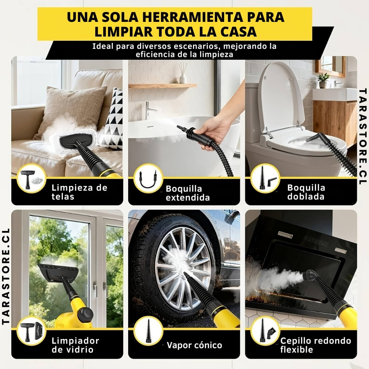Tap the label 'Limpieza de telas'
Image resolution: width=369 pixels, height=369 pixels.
[x=79, y=192]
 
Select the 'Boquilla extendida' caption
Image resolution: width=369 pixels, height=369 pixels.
[x=188, y=193]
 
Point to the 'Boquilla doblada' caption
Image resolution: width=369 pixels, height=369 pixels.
[x=306, y=192]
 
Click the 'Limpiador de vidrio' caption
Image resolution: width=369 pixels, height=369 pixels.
[x=75, y=345]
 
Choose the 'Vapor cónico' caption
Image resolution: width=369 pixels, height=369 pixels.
[x=194, y=345]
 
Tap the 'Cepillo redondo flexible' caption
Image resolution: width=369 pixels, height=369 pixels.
[x=315, y=345]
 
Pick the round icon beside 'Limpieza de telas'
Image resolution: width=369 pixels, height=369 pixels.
[x=31, y=178]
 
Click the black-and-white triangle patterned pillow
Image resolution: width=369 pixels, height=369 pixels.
[x=113, y=120]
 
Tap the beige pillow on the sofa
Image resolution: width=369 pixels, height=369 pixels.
[x=72, y=109]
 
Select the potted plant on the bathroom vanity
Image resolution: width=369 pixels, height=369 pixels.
[x=323, y=80]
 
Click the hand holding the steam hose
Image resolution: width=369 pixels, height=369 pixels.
[x=215, y=133]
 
